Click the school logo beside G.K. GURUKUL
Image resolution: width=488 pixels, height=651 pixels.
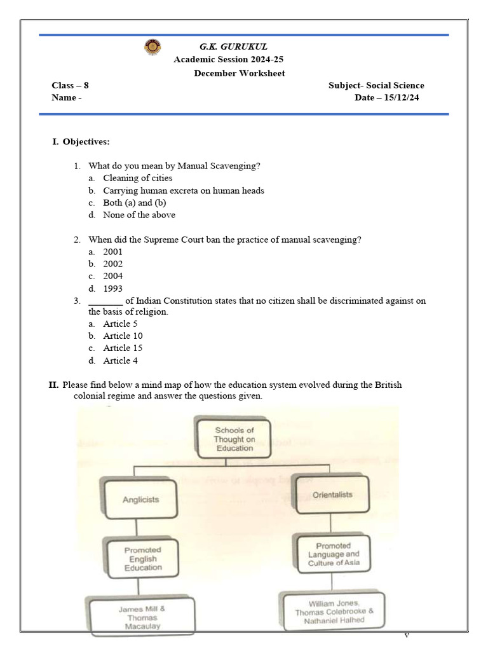[153, 46]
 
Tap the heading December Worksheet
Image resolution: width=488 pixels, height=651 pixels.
[230, 73]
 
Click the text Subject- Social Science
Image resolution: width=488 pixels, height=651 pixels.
[376, 85]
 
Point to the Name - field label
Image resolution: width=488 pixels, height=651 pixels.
[67, 98]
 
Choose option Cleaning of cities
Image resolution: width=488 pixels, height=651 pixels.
[137, 178]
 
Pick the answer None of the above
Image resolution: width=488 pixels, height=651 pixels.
[139, 215]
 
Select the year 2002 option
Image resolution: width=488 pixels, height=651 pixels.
[113, 264]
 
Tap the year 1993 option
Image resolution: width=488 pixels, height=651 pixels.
[113, 288]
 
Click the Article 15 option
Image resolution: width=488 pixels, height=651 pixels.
[123, 348]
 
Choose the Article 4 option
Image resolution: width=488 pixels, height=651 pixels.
[120, 360]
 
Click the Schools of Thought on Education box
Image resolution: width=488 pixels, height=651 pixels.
[234, 439]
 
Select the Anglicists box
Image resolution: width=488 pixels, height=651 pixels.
[140, 499]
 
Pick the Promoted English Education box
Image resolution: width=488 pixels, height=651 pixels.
[143, 559]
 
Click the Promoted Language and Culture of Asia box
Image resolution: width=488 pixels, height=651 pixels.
[334, 554]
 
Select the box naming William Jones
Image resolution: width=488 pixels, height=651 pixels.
[334, 612]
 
